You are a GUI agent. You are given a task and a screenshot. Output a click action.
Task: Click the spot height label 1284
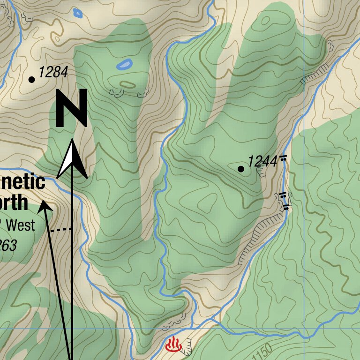pyautogui.click(x=53, y=72)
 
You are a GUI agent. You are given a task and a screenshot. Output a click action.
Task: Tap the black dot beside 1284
pyautogui.click(x=32, y=80)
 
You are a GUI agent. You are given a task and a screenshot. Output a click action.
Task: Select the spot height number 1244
pyautogui.click(x=262, y=162)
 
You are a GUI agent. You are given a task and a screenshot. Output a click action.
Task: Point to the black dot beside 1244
pyautogui.click(x=241, y=169)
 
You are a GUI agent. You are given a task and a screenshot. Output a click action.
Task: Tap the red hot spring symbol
pyautogui.click(x=173, y=345)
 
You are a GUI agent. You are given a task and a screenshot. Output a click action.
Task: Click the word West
pyautogui.click(x=20, y=225)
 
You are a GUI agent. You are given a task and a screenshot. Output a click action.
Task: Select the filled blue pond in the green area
pyautogui.click(x=124, y=64)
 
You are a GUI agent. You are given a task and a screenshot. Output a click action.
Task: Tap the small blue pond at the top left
pyautogui.click(x=77, y=14)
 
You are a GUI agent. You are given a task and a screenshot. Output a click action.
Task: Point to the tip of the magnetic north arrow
pyautogui.click(x=44, y=202)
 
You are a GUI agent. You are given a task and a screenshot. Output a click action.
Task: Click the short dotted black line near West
pyautogui.click(x=61, y=230)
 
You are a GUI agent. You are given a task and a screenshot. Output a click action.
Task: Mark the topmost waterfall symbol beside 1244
pyautogui.click(x=283, y=159)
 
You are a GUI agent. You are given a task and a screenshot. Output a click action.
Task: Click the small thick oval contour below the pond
pyautogui.click(x=127, y=85)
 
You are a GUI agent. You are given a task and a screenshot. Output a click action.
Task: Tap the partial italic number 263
pyautogui.click(x=7, y=245)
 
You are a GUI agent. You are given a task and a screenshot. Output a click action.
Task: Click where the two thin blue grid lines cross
pyautogui.click(x=304, y=328)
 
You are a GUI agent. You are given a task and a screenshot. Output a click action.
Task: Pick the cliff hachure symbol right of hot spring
pyautogui.click(x=187, y=346)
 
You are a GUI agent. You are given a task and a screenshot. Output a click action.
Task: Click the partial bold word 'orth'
pyautogui.click(x=14, y=203)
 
